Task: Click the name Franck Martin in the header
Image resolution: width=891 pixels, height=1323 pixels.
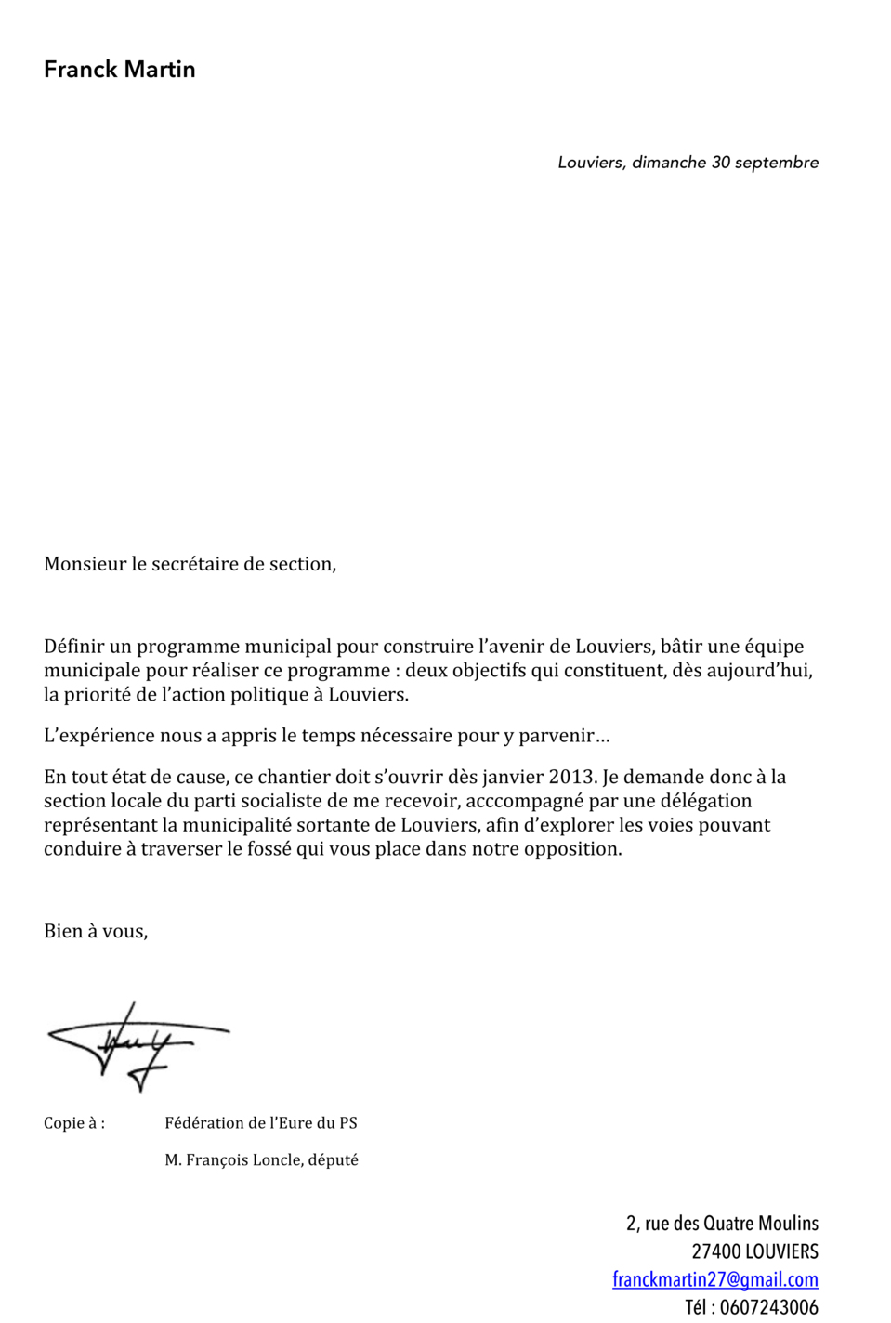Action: pyautogui.click(x=119, y=70)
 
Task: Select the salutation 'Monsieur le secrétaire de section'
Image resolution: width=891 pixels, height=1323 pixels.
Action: pyautogui.click(x=190, y=564)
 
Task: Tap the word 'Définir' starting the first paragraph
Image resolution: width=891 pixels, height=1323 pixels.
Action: pyautogui.click(x=73, y=647)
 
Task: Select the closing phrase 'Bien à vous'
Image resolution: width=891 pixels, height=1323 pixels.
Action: pyautogui.click(x=95, y=931)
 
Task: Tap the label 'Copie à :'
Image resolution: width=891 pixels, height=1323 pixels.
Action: pyautogui.click(x=74, y=1123)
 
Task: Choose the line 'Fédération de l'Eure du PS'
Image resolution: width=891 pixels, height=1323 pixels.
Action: pyautogui.click(x=261, y=1123)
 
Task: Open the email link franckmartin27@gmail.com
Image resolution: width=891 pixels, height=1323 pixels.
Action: pyautogui.click(x=714, y=1279)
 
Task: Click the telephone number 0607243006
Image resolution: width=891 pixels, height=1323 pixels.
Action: pyautogui.click(x=768, y=1307)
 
